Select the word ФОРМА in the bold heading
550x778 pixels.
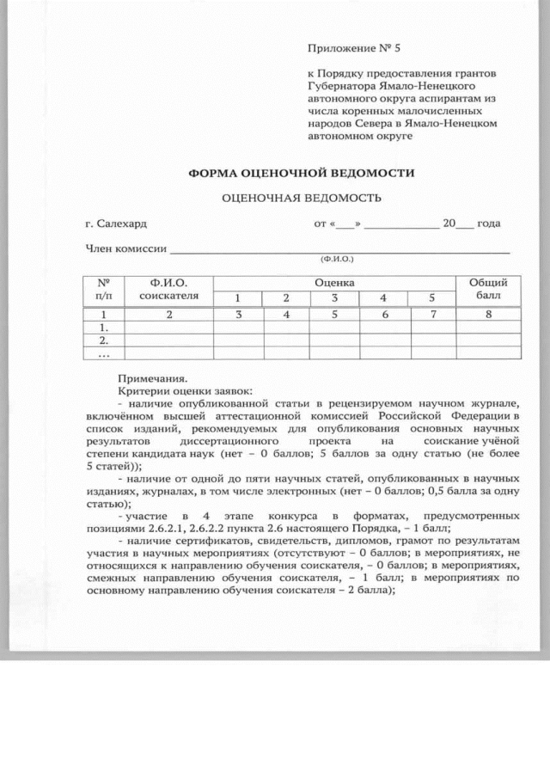[219, 173]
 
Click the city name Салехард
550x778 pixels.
[122, 224]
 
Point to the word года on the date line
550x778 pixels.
[489, 224]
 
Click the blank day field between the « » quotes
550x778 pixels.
[345, 224]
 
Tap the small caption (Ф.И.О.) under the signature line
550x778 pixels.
[336, 259]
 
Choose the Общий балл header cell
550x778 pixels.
[487, 290]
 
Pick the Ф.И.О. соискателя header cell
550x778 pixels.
[168, 290]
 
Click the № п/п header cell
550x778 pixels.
[104, 290]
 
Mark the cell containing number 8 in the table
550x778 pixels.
[487, 315]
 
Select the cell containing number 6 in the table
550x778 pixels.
[384, 315]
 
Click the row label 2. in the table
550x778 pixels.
[104, 340]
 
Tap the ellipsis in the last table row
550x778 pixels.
[104, 352]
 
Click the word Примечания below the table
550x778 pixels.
[152, 377]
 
